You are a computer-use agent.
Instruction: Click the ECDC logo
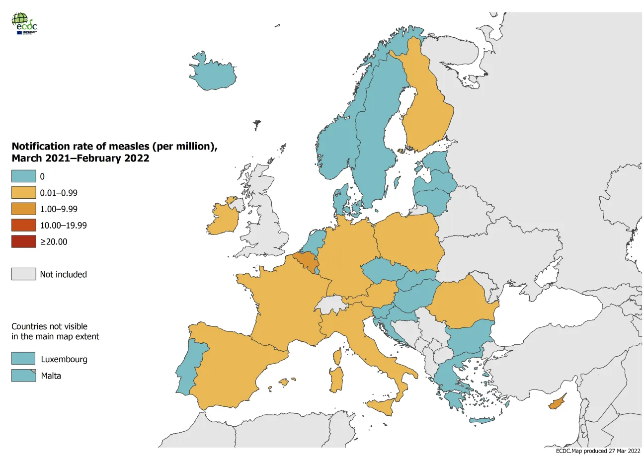[x=24, y=23]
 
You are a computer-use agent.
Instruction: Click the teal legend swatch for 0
[x=24, y=176]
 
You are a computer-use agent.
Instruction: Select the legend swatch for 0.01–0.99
[x=24, y=193]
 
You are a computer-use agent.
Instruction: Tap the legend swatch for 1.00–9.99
[x=24, y=209]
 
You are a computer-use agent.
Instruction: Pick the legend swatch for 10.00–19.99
[x=24, y=226]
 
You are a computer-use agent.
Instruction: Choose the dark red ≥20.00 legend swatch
[x=24, y=242]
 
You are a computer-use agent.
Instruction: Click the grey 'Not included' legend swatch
[x=24, y=274]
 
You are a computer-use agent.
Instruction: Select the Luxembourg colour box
[x=23, y=359]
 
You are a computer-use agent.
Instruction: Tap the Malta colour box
[x=23, y=376]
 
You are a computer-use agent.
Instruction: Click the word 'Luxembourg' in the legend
[x=64, y=359]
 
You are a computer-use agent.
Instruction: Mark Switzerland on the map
[x=330, y=305]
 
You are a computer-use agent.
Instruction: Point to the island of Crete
[x=482, y=421]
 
